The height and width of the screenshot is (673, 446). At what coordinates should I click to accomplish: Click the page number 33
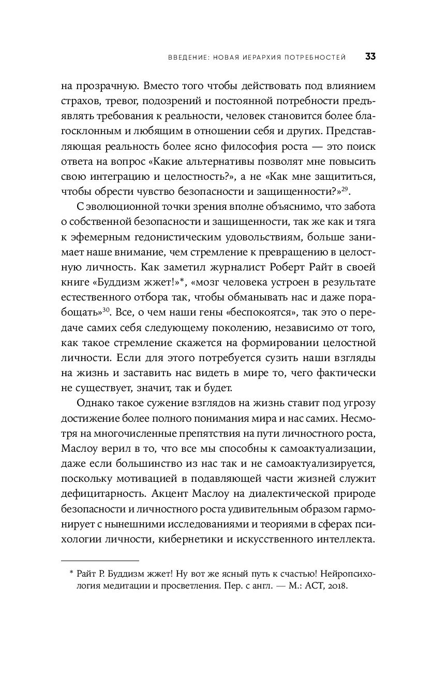coord(370,56)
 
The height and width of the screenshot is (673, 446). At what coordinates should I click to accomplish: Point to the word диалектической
coord(291,492)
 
